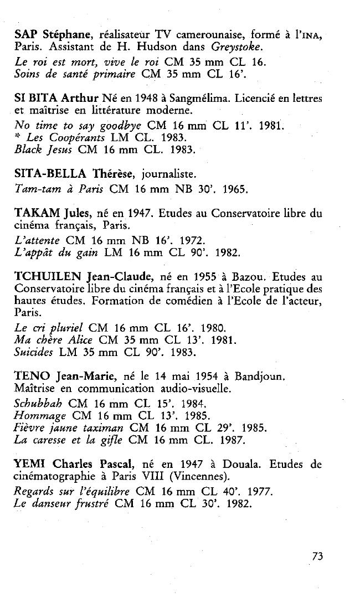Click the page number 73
[x=317, y=556]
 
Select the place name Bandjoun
[x=260, y=377]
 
